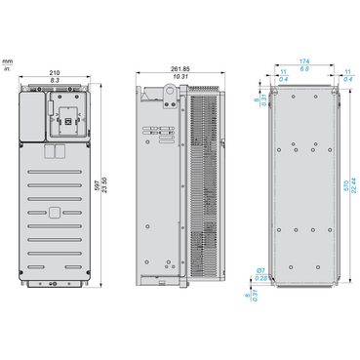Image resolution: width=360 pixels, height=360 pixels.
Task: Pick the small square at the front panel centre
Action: (56, 211)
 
